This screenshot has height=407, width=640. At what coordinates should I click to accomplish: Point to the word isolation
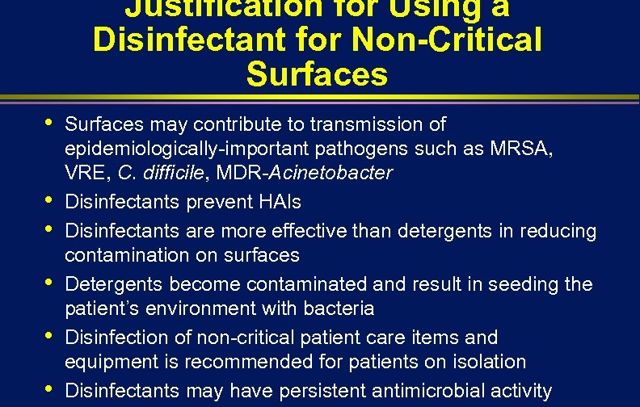point(491,362)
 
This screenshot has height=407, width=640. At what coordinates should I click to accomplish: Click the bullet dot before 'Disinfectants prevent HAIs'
point(50,199)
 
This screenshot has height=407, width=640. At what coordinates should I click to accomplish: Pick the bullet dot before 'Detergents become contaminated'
point(50,282)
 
